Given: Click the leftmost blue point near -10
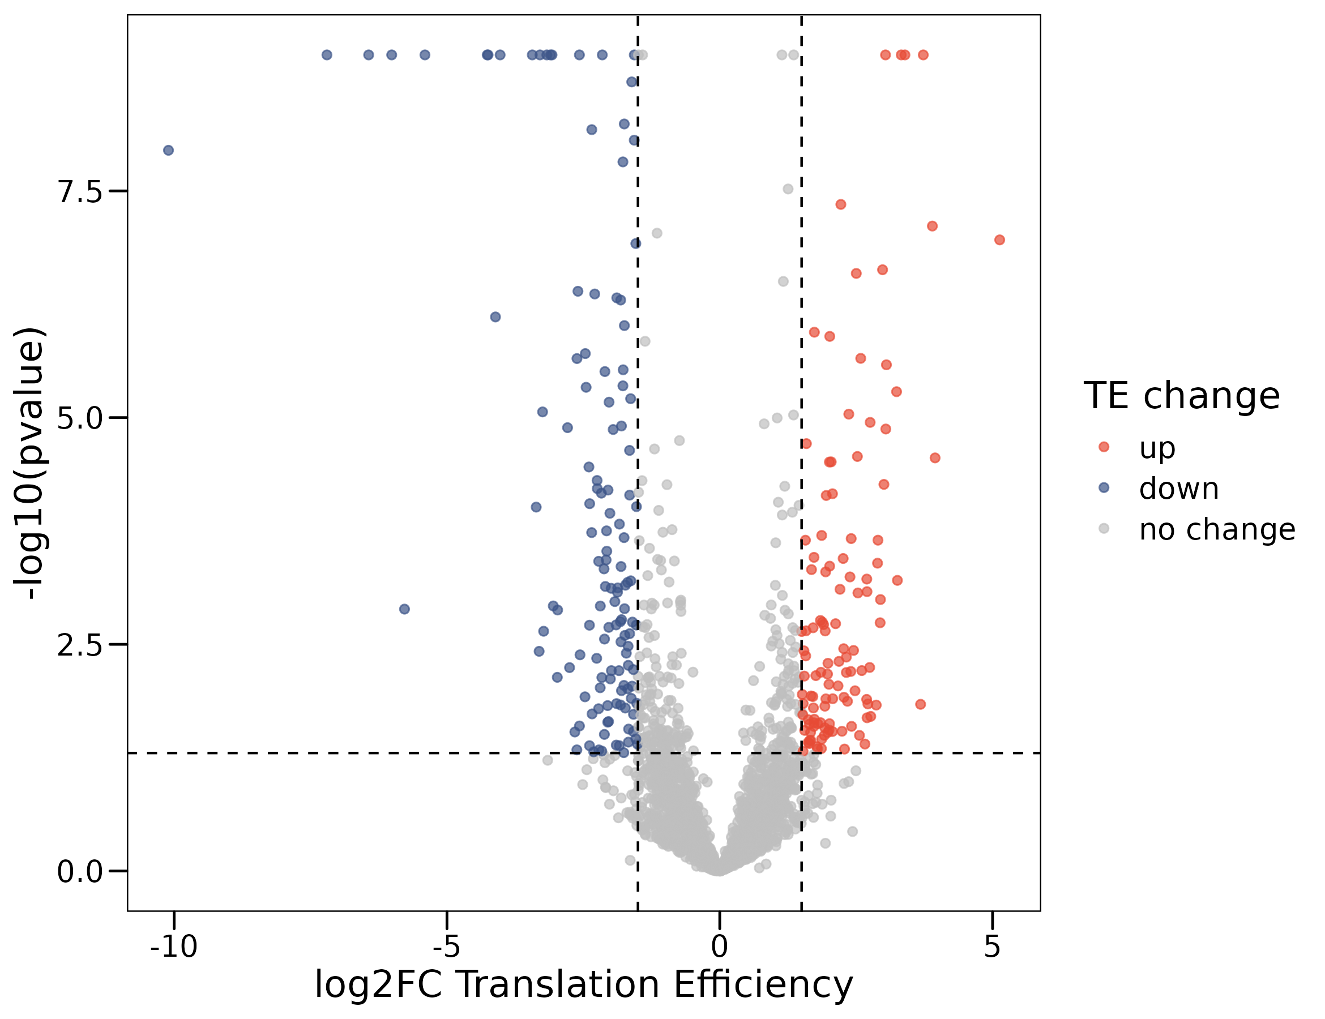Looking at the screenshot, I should pyautogui.click(x=169, y=151).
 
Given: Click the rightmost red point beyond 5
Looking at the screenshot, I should pyautogui.click(x=1000, y=240).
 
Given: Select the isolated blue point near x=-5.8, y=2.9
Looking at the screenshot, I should pyautogui.click(x=405, y=609).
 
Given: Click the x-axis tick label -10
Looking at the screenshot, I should pyautogui.click(x=174, y=946).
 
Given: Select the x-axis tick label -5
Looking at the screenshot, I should pyautogui.click(x=447, y=946).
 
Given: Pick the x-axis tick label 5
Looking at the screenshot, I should pyautogui.click(x=992, y=946).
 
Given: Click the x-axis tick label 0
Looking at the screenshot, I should pyautogui.click(x=720, y=946).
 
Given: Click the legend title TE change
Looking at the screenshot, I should pyautogui.click(x=1181, y=396).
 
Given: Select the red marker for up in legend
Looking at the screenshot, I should pyautogui.click(x=1104, y=447).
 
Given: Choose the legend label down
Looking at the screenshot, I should pyautogui.click(x=1179, y=489).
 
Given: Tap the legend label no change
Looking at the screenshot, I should pyautogui.click(x=1217, y=529).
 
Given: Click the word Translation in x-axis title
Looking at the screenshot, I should pyautogui.click(x=558, y=984).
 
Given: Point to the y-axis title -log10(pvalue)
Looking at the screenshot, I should pyautogui.click(x=29, y=464).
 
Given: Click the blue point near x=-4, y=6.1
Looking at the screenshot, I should pyautogui.click(x=495, y=317).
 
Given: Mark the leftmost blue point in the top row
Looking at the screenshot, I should pyautogui.click(x=327, y=55).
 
